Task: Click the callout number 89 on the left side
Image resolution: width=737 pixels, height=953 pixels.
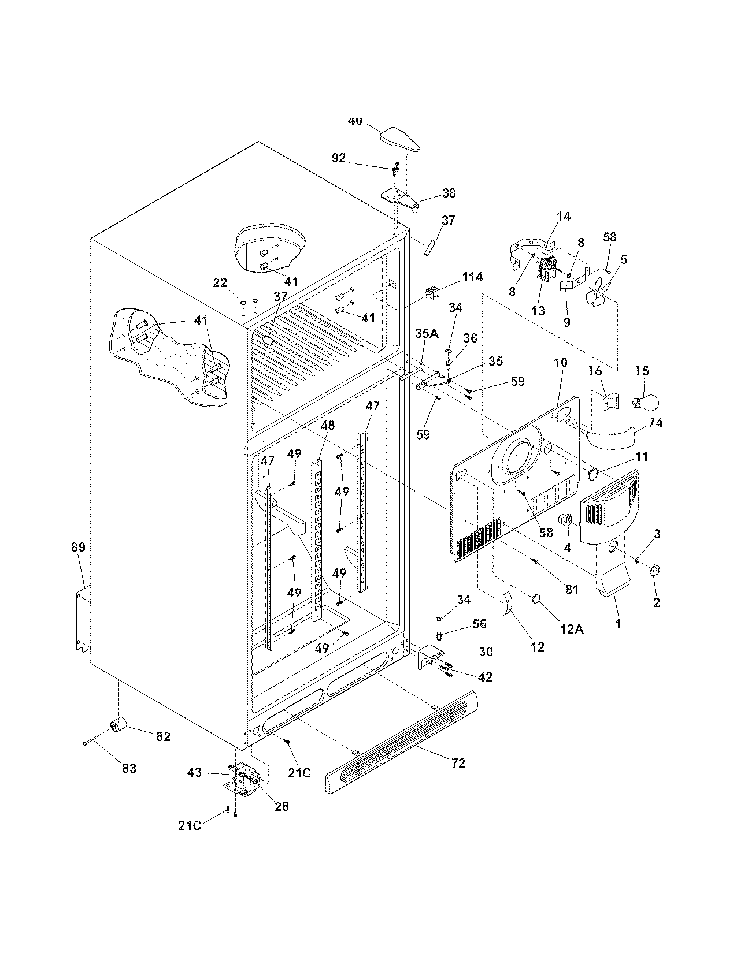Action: point(78,547)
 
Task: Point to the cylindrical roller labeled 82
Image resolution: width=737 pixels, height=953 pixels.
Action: point(118,724)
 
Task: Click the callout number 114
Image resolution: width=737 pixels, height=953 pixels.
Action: point(472,277)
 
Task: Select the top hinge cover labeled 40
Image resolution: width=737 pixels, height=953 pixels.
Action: point(399,139)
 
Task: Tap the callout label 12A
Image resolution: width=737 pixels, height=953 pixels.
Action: point(571,629)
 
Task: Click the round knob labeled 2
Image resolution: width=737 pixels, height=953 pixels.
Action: point(655,571)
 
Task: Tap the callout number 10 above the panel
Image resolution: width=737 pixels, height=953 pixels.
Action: point(560,363)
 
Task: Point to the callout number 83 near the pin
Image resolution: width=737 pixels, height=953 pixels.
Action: point(129,768)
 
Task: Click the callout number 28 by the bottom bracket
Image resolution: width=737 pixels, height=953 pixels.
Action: point(282,806)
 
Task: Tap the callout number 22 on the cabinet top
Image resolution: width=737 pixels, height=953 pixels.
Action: point(220,282)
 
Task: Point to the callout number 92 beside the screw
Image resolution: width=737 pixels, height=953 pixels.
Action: point(338,157)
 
